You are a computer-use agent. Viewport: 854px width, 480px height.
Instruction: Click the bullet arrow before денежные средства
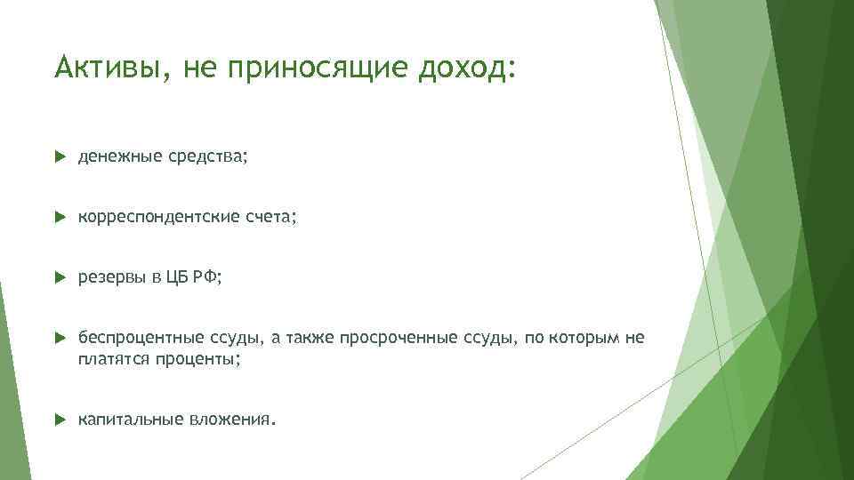(x=60, y=156)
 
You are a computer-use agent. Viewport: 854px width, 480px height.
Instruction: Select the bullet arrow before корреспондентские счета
(x=60, y=217)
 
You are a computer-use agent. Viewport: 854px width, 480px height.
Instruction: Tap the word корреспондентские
(x=155, y=217)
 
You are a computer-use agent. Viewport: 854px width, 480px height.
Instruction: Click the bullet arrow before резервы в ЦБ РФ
(x=60, y=277)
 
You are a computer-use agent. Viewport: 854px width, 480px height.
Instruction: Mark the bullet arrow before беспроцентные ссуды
(x=60, y=338)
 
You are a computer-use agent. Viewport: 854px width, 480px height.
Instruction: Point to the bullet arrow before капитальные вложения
(x=60, y=418)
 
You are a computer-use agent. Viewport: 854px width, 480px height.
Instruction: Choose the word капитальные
(x=129, y=418)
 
